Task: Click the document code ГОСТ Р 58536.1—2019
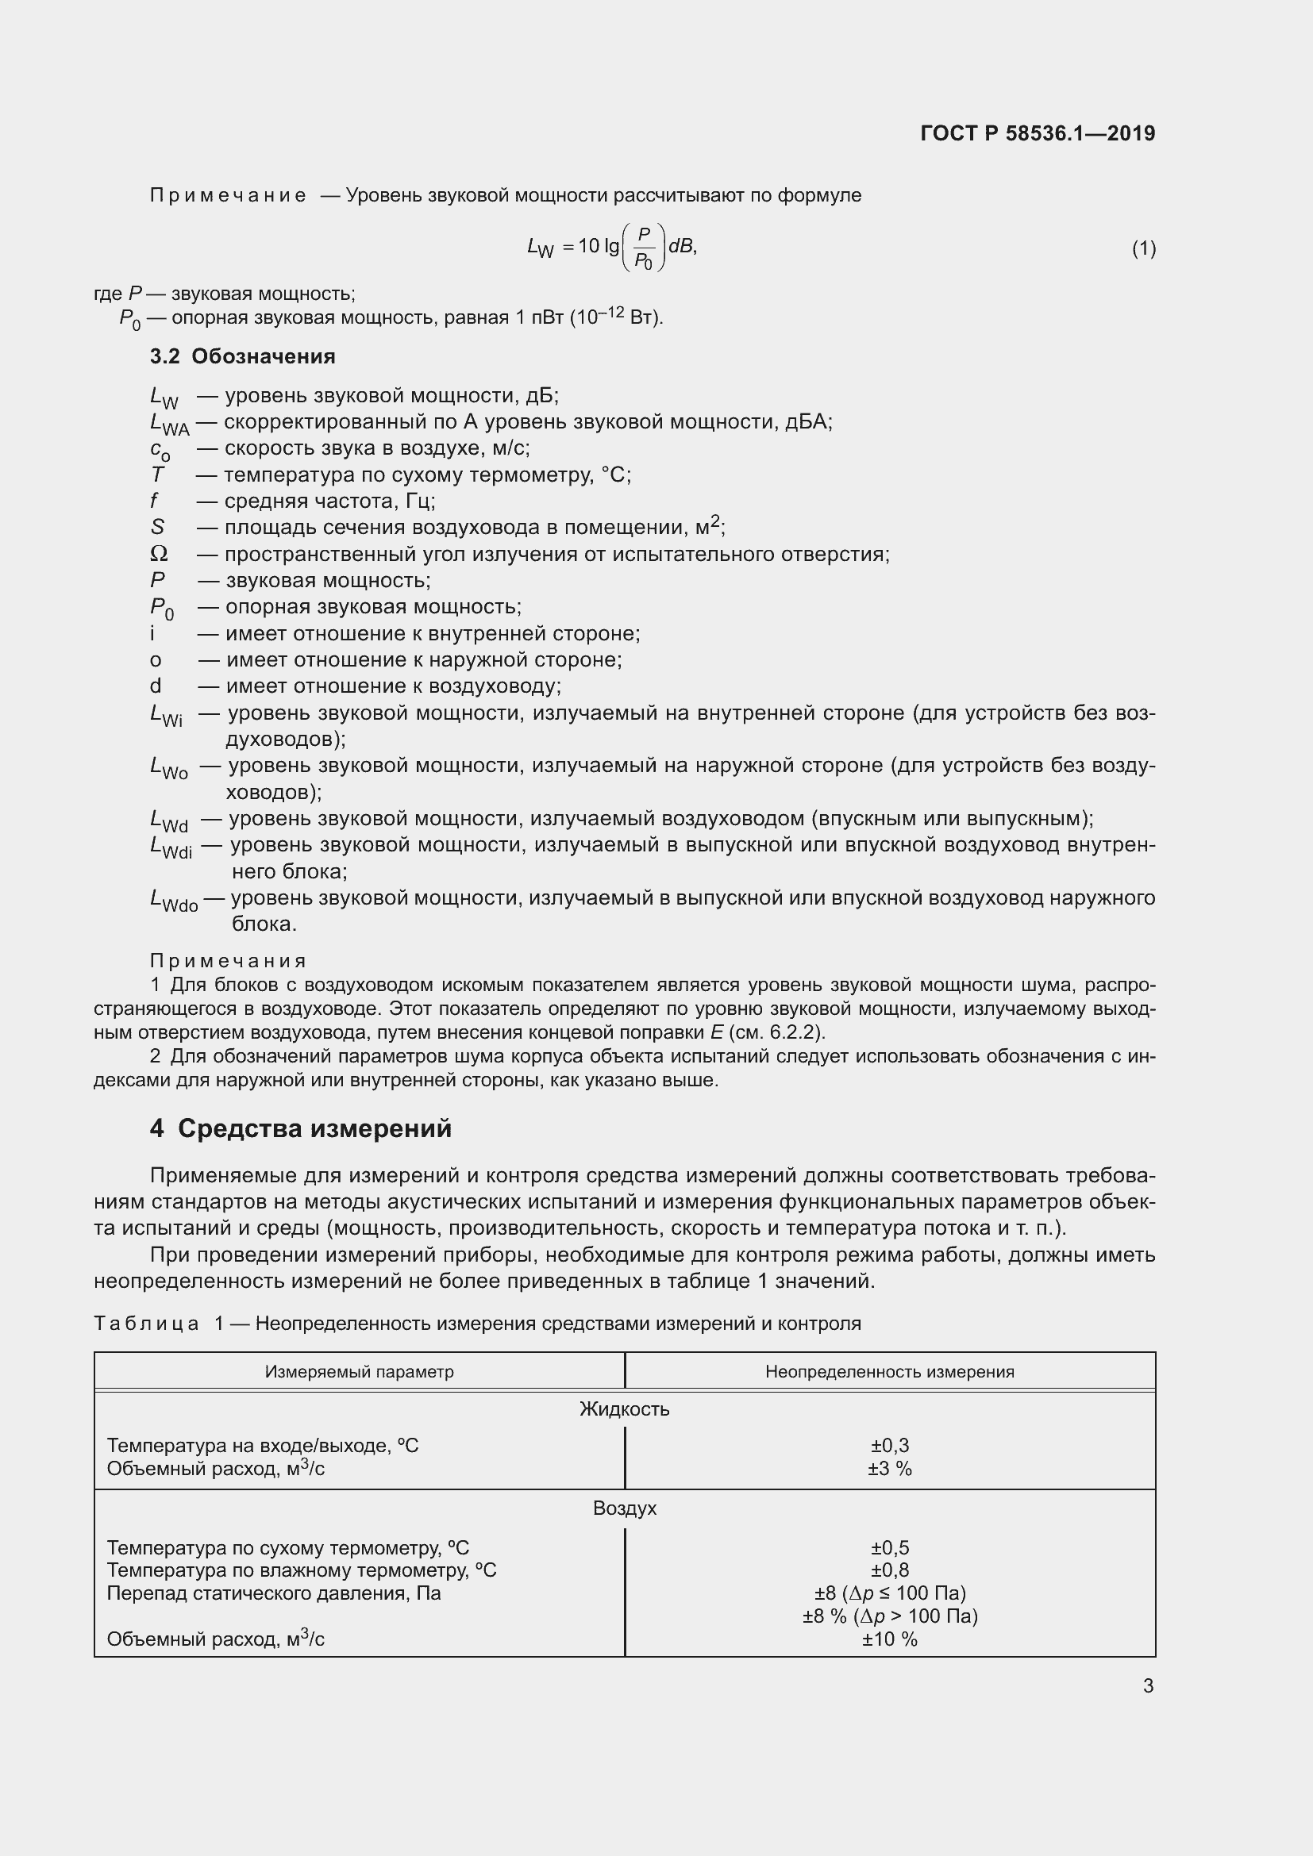point(1038,133)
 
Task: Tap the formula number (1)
point(1143,248)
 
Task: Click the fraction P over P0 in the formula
point(644,248)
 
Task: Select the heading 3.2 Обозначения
point(243,356)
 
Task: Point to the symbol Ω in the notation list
point(160,554)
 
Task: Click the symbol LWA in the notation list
point(169,423)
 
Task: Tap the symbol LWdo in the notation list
point(173,900)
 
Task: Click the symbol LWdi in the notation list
point(171,847)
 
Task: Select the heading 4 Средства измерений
point(301,1128)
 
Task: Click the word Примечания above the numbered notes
point(228,960)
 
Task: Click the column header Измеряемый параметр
point(359,1372)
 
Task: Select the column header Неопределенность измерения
point(889,1372)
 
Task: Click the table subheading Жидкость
point(624,1409)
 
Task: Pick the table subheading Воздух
point(624,1508)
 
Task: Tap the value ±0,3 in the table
point(889,1445)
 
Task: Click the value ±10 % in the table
point(889,1639)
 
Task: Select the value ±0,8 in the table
point(889,1570)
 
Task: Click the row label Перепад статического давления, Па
point(273,1593)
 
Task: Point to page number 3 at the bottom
point(1148,1685)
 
